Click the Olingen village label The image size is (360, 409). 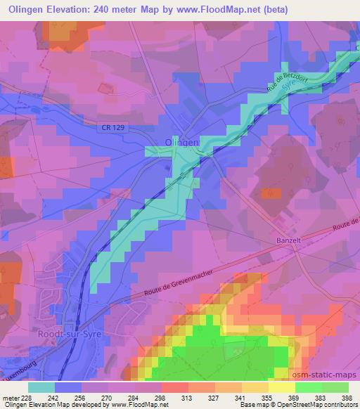[181, 141]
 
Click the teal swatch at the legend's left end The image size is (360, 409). [41, 387]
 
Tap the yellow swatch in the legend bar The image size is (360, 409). [281, 387]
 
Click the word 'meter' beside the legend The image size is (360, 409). [11, 397]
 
